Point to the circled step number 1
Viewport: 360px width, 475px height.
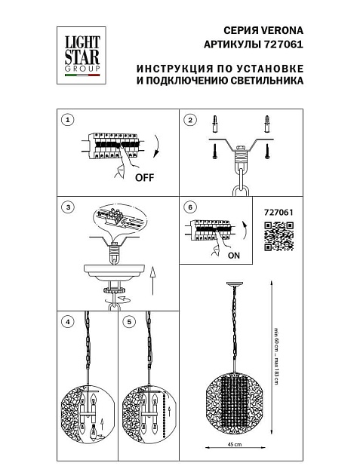[69, 121]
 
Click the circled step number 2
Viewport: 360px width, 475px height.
[190, 121]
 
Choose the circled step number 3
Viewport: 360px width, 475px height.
[69, 207]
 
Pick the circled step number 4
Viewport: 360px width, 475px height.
[69, 322]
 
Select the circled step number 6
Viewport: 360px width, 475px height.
[190, 207]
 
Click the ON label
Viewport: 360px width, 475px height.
[235, 256]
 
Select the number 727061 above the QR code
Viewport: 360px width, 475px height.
[278, 213]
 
